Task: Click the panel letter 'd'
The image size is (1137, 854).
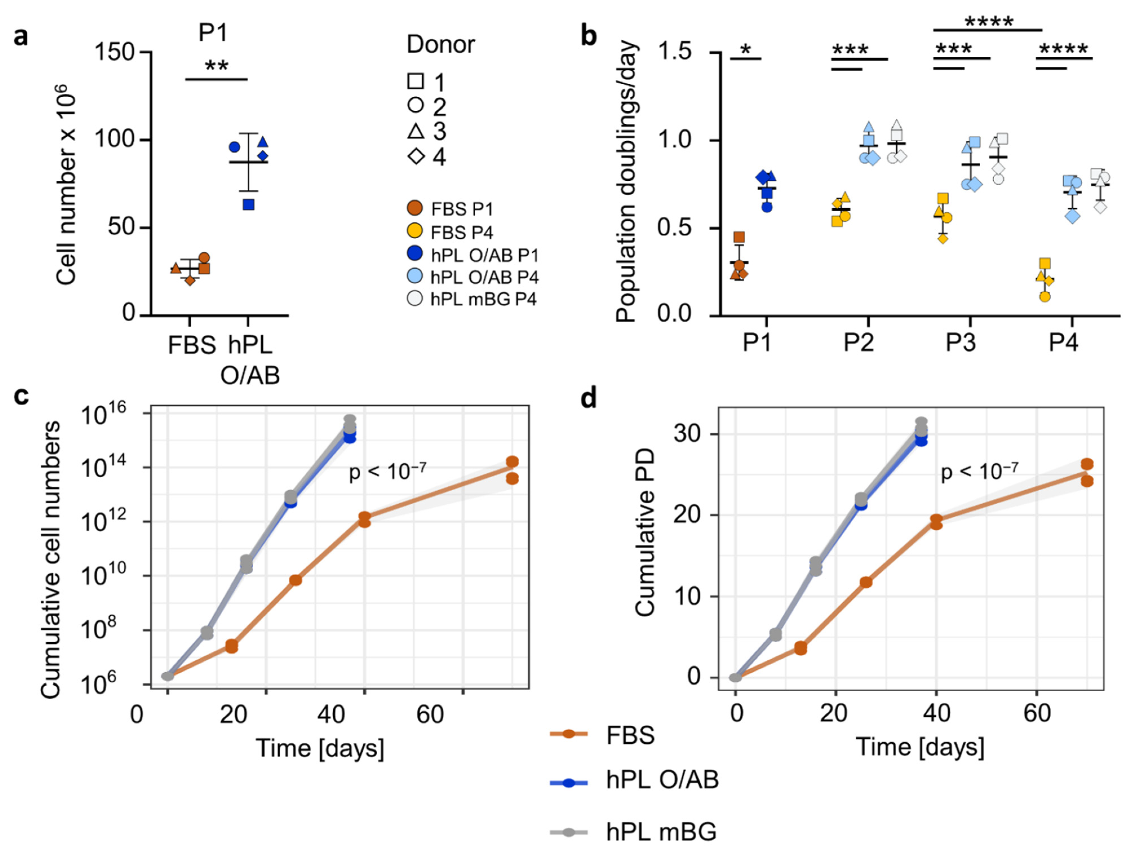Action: [x=589, y=398]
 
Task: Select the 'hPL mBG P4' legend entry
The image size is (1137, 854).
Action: [x=483, y=299]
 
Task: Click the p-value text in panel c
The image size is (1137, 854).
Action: [x=387, y=471]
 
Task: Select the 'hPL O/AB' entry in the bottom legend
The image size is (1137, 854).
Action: [x=662, y=780]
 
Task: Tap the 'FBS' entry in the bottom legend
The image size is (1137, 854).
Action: [x=630, y=735]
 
